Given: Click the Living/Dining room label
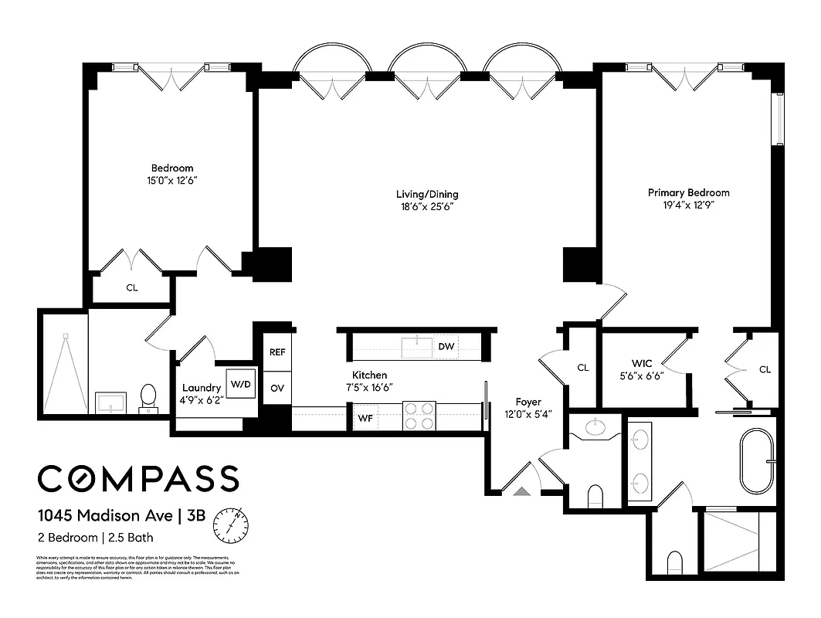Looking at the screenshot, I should [428, 195].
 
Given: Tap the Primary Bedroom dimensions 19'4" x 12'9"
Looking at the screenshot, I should [688, 205].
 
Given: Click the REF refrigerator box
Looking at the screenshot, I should [277, 351].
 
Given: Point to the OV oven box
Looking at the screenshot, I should [277, 388].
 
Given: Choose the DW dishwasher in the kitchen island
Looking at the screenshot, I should [446, 347].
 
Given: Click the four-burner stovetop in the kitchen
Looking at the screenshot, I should [419, 416].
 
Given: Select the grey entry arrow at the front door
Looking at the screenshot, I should [521, 490].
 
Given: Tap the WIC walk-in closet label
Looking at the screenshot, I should [642, 363].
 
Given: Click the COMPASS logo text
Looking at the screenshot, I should [138, 479].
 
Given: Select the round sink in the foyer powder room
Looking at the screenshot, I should [595, 426].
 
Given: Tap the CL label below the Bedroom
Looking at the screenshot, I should [132, 288].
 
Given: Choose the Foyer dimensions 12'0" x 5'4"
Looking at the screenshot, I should [529, 415].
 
